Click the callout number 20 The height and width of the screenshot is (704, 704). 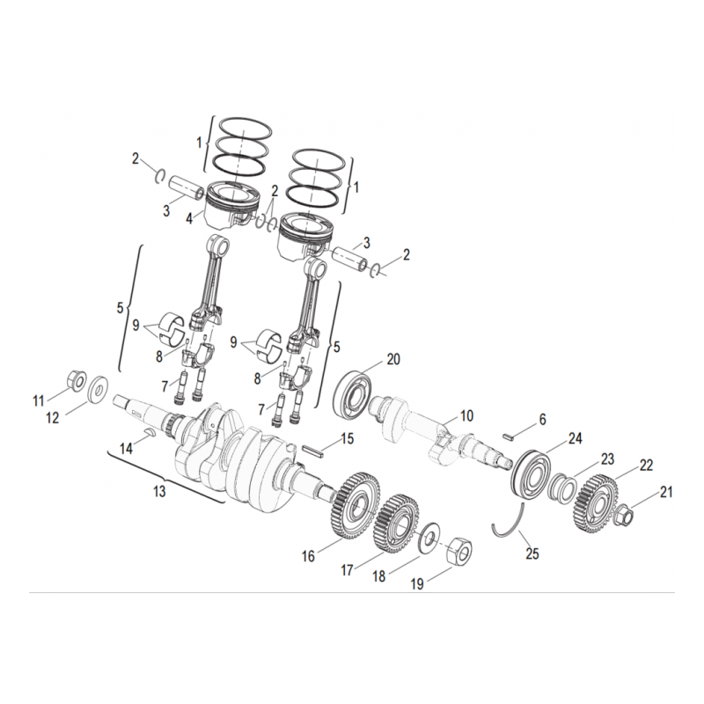(x=393, y=358)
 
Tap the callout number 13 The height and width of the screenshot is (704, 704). (x=159, y=491)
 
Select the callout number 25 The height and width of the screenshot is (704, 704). (x=532, y=554)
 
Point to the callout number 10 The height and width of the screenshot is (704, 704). (x=466, y=414)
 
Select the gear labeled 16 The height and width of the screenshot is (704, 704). (x=356, y=503)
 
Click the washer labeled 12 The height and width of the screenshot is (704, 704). (x=99, y=385)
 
